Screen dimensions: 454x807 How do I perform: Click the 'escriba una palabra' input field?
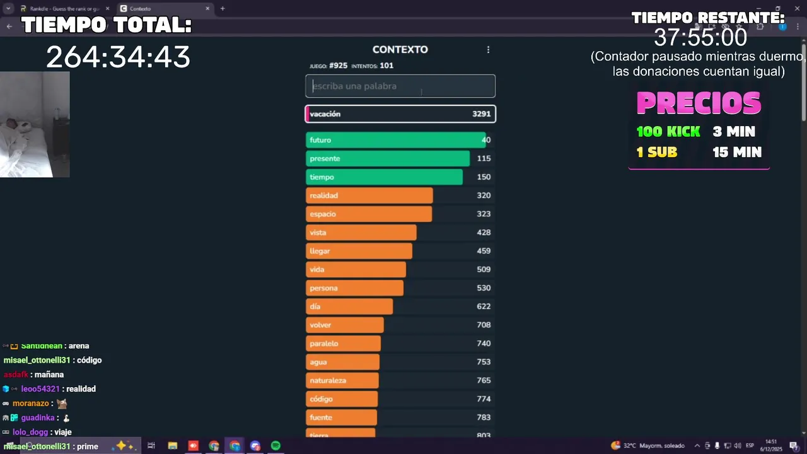coord(400,86)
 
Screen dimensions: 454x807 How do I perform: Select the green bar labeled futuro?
coord(395,140)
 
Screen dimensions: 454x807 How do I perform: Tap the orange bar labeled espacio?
coord(369,214)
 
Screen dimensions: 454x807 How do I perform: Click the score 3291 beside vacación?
coord(481,114)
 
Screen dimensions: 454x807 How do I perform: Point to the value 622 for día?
coord(484,306)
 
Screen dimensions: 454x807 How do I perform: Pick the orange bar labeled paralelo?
coord(343,344)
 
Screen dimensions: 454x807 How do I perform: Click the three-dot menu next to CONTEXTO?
coord(488,50)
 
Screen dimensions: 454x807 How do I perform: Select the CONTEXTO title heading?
coord(400,50)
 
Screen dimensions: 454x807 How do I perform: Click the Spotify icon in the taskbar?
coord(276,446)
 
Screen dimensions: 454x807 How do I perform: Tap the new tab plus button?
coord(223,9)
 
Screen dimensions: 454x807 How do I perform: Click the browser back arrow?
coord(9,26)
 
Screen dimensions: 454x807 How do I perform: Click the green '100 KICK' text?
coord(668,132)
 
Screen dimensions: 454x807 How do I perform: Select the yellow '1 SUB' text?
coord(656,152)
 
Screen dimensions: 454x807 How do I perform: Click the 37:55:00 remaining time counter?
coord(700,38)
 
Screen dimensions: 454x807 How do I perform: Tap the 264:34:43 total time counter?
coord(118,57)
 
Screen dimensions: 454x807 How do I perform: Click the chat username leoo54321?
coord(40,389)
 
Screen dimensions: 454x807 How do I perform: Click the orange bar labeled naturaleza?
coord(342,381)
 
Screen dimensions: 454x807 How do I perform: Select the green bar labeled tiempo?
coord(384,177)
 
